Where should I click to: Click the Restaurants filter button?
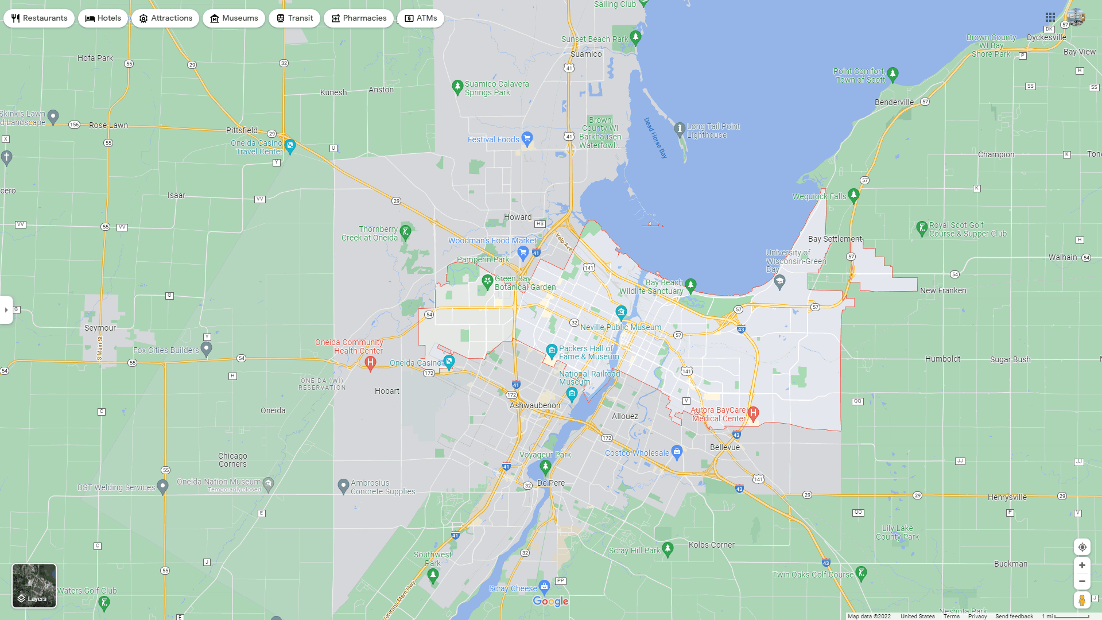coord(39,18)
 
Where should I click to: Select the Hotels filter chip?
coord(103,18)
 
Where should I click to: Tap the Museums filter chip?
coord(234,18)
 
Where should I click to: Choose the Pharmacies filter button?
coord(358,18)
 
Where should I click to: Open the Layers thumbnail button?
coord(34,586)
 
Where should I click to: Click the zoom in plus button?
coord(1082,565)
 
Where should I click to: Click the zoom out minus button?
coord(1082,582)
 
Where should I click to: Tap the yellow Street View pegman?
coord(1082,600)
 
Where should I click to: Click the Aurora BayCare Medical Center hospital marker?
coord(754,413)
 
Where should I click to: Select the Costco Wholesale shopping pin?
coord(677,452)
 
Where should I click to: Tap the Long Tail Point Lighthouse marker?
coord(680,129)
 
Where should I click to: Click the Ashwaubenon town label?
coord(535,405)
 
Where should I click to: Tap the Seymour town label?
coord(100,328)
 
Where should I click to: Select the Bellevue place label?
coord(725,447)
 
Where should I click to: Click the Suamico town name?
coord(586,54)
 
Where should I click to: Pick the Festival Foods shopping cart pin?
coord(527,138)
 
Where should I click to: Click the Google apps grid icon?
coord(1050,18)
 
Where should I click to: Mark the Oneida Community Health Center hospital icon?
coord(370,362)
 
